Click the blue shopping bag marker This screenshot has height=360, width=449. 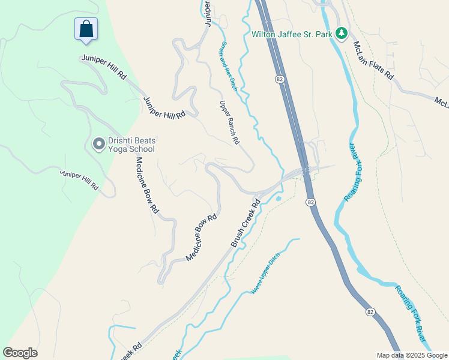pos(86,29)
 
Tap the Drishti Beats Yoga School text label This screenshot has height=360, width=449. pos(131,145)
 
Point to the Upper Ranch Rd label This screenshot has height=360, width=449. pos(229,122)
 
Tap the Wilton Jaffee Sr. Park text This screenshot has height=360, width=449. pos(292,34)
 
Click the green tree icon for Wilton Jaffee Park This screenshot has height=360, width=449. pos(342,33)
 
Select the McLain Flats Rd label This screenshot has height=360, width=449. pos(373,60)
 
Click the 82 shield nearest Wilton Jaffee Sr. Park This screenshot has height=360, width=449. pos(280,79)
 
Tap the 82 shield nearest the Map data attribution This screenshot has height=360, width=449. pos(370,311)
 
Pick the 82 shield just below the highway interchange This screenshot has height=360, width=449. pos(310,203)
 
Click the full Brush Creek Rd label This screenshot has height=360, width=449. pos(246,223)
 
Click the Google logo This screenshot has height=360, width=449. pos(20,353)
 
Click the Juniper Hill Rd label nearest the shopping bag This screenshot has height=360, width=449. pos(104,68)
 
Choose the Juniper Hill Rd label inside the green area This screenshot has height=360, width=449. pos(79,180)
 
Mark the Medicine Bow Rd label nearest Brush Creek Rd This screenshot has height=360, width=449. pos(201,238)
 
